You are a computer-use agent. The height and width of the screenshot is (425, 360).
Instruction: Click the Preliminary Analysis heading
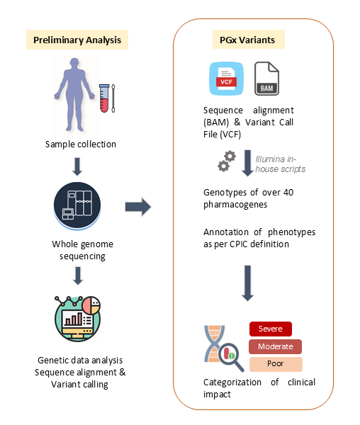click(x=77, y=40)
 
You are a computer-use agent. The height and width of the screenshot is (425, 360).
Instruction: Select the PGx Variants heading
click(x=248, y=40)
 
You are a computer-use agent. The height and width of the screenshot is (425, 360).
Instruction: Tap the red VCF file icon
click(x=226, y=79)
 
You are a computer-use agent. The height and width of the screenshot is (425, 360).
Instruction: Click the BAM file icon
click(x=266, y=79)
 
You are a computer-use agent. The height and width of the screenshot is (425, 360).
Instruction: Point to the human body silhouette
click(x=74, y=94)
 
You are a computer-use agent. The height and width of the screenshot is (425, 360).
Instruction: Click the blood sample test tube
click(x=104, y=98)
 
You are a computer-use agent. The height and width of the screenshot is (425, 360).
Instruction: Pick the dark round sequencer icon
click(x=77, y=206)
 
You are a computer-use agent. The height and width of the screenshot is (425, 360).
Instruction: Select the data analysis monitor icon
click(x=77, y=319)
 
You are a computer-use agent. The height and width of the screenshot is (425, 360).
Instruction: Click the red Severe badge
click(x=271, y=329)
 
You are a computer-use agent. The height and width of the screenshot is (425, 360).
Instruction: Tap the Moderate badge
click(x=275, y=346)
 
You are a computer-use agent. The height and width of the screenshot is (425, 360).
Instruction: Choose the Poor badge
click(x=276, y=364)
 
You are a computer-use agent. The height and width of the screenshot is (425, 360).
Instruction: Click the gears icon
click(x=227, y=161)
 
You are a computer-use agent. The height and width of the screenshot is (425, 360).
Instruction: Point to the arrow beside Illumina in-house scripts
click(x=247, y=163)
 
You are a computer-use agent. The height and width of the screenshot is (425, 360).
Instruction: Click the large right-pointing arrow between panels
click(x=138, y=207)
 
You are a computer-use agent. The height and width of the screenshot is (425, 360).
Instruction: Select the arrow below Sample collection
click(x=77, y=166)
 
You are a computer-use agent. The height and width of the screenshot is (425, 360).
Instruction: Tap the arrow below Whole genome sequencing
click(x=78, y=276)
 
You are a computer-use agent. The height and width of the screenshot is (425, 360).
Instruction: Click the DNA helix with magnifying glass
click(x=224, y=348)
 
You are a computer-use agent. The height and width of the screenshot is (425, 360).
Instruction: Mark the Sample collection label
click(x=81, y=144)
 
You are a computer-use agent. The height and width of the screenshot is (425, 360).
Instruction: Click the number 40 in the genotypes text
click(x=288, y=193)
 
